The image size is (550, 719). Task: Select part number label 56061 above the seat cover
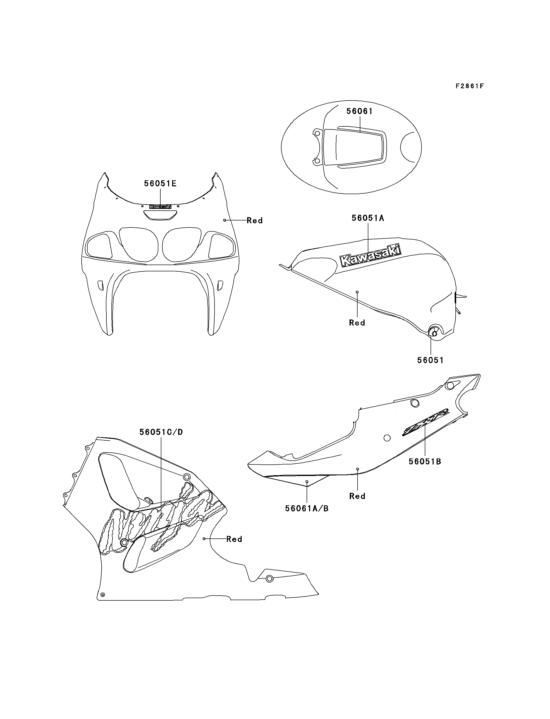[x=360, y=111]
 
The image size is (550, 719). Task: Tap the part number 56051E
[x=160, y=184]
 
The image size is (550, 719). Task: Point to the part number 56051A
[x=368, y=218]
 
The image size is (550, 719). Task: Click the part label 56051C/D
[x=161, y=432]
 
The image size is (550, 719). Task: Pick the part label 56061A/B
[x=307, y=508]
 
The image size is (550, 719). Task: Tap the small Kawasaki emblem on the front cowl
[x=160, y=207]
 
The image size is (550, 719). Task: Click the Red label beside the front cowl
[x=255, y=221]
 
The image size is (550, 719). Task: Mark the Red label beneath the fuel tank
[x=357, y=323]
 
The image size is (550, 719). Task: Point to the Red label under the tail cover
[x=357, y=496]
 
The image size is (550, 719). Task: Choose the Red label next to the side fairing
[x=234, y=539]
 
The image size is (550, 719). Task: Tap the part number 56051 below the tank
[x=430, y=360]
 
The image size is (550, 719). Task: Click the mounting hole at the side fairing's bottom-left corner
[x=102, y=594]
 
